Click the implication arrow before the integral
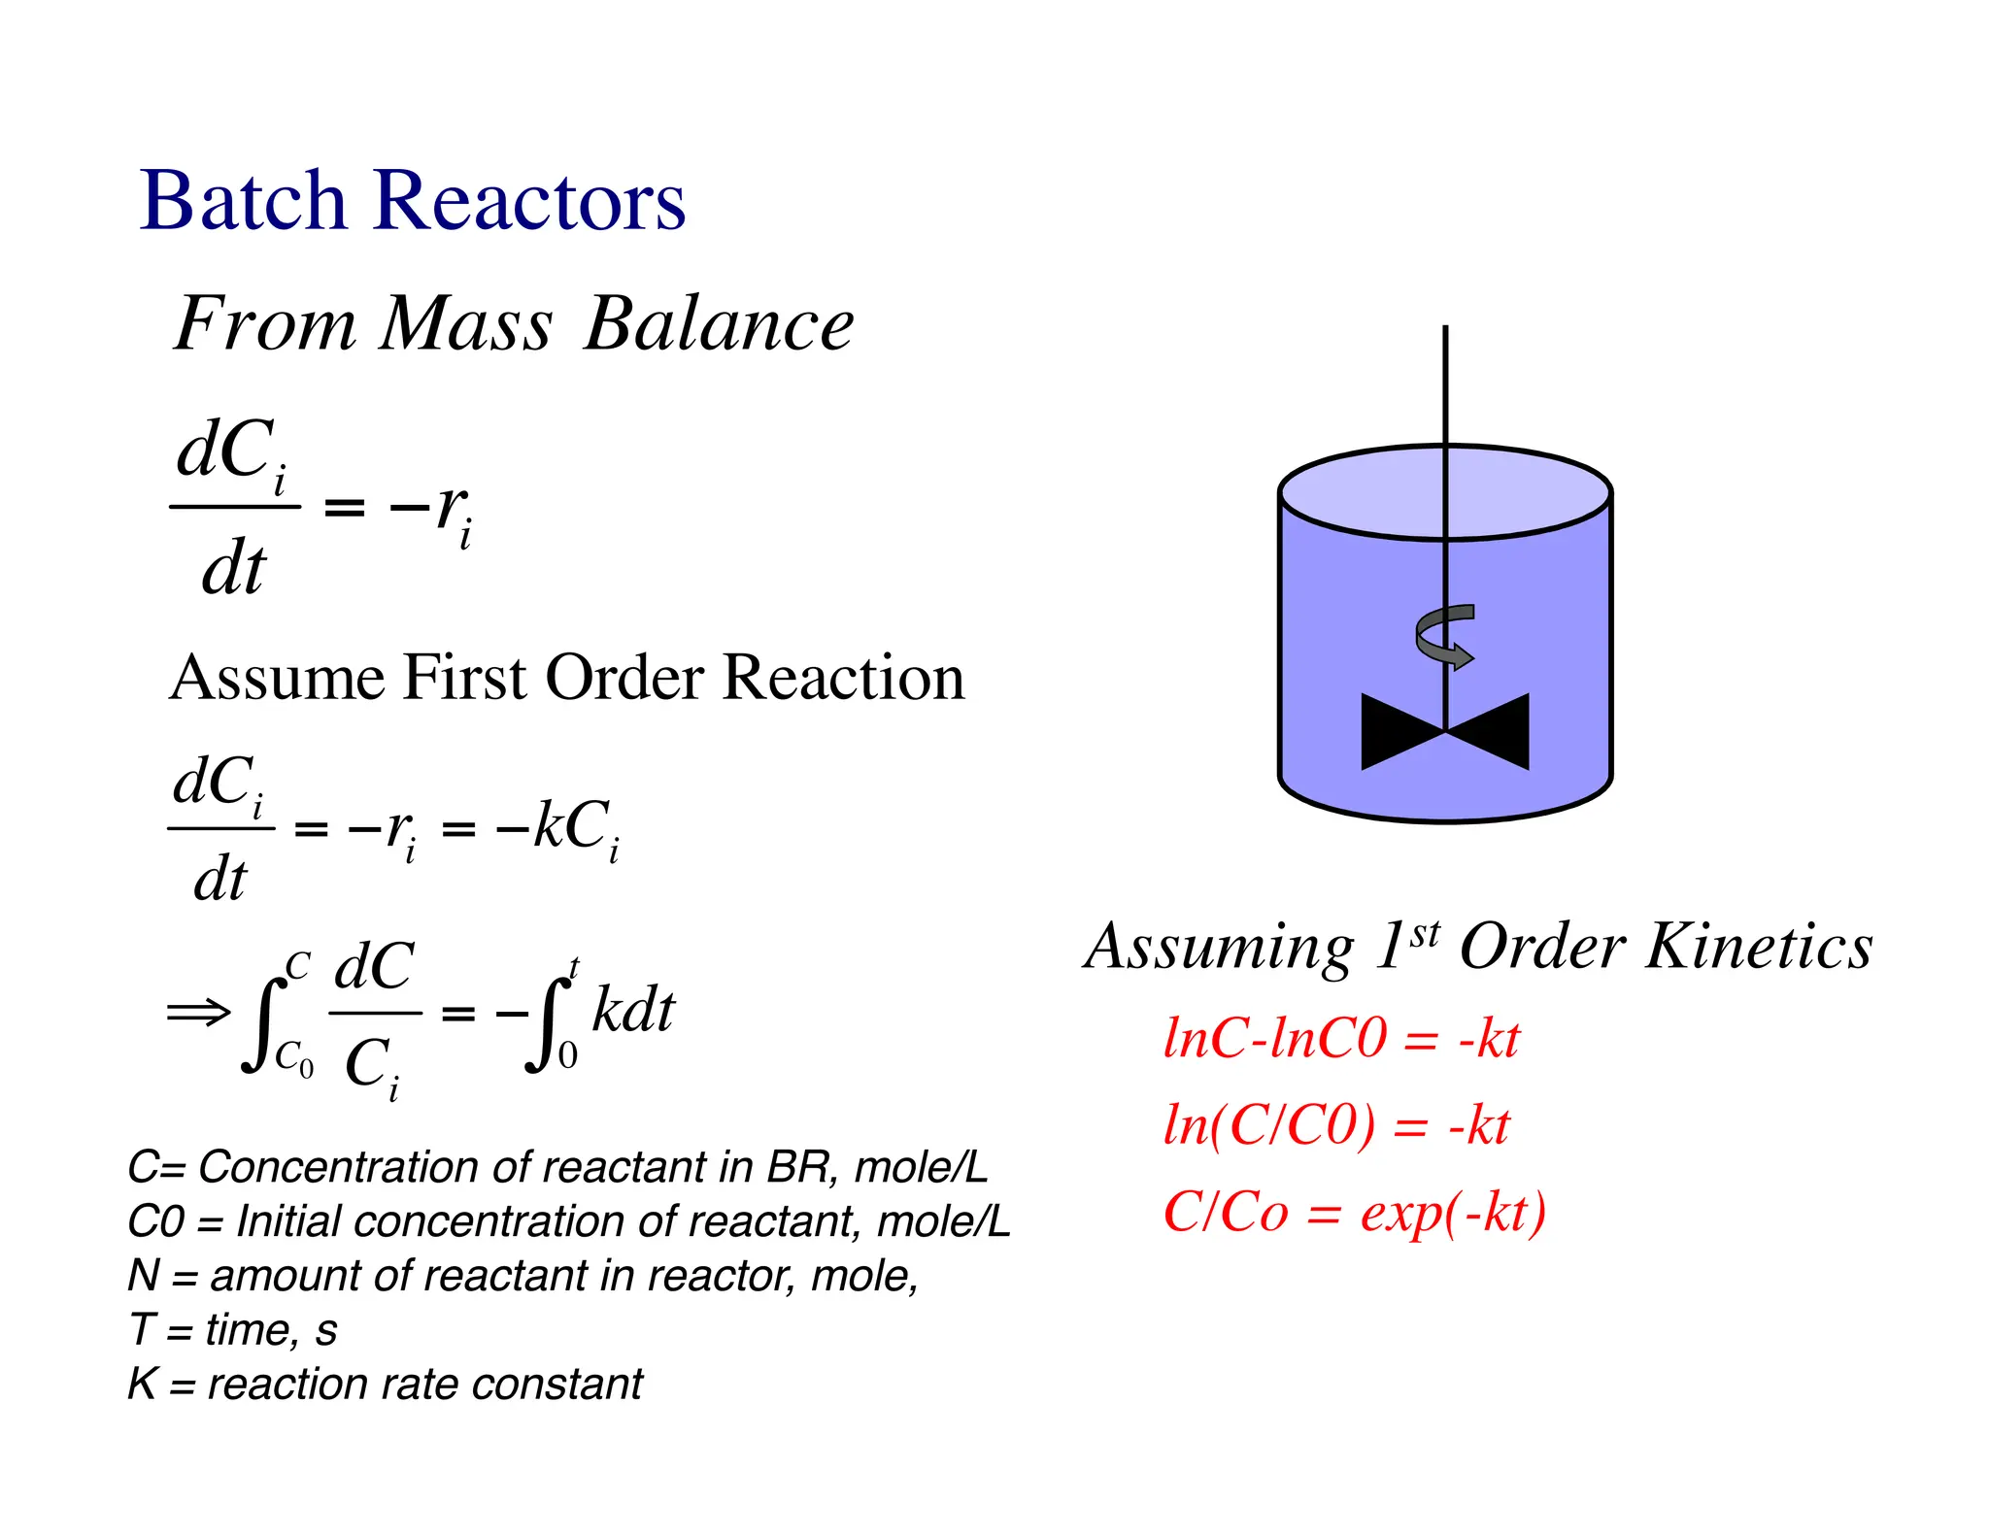click(198, 1013)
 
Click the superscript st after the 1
click(1425, 933)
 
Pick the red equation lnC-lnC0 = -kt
click(1340, 1039)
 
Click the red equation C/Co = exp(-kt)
click(1354, 1213)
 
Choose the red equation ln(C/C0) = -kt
click(1336, 1126)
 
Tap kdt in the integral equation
click(633, 1012)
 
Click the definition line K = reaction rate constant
click(385, 1384)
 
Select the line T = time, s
click(233, 1329)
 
